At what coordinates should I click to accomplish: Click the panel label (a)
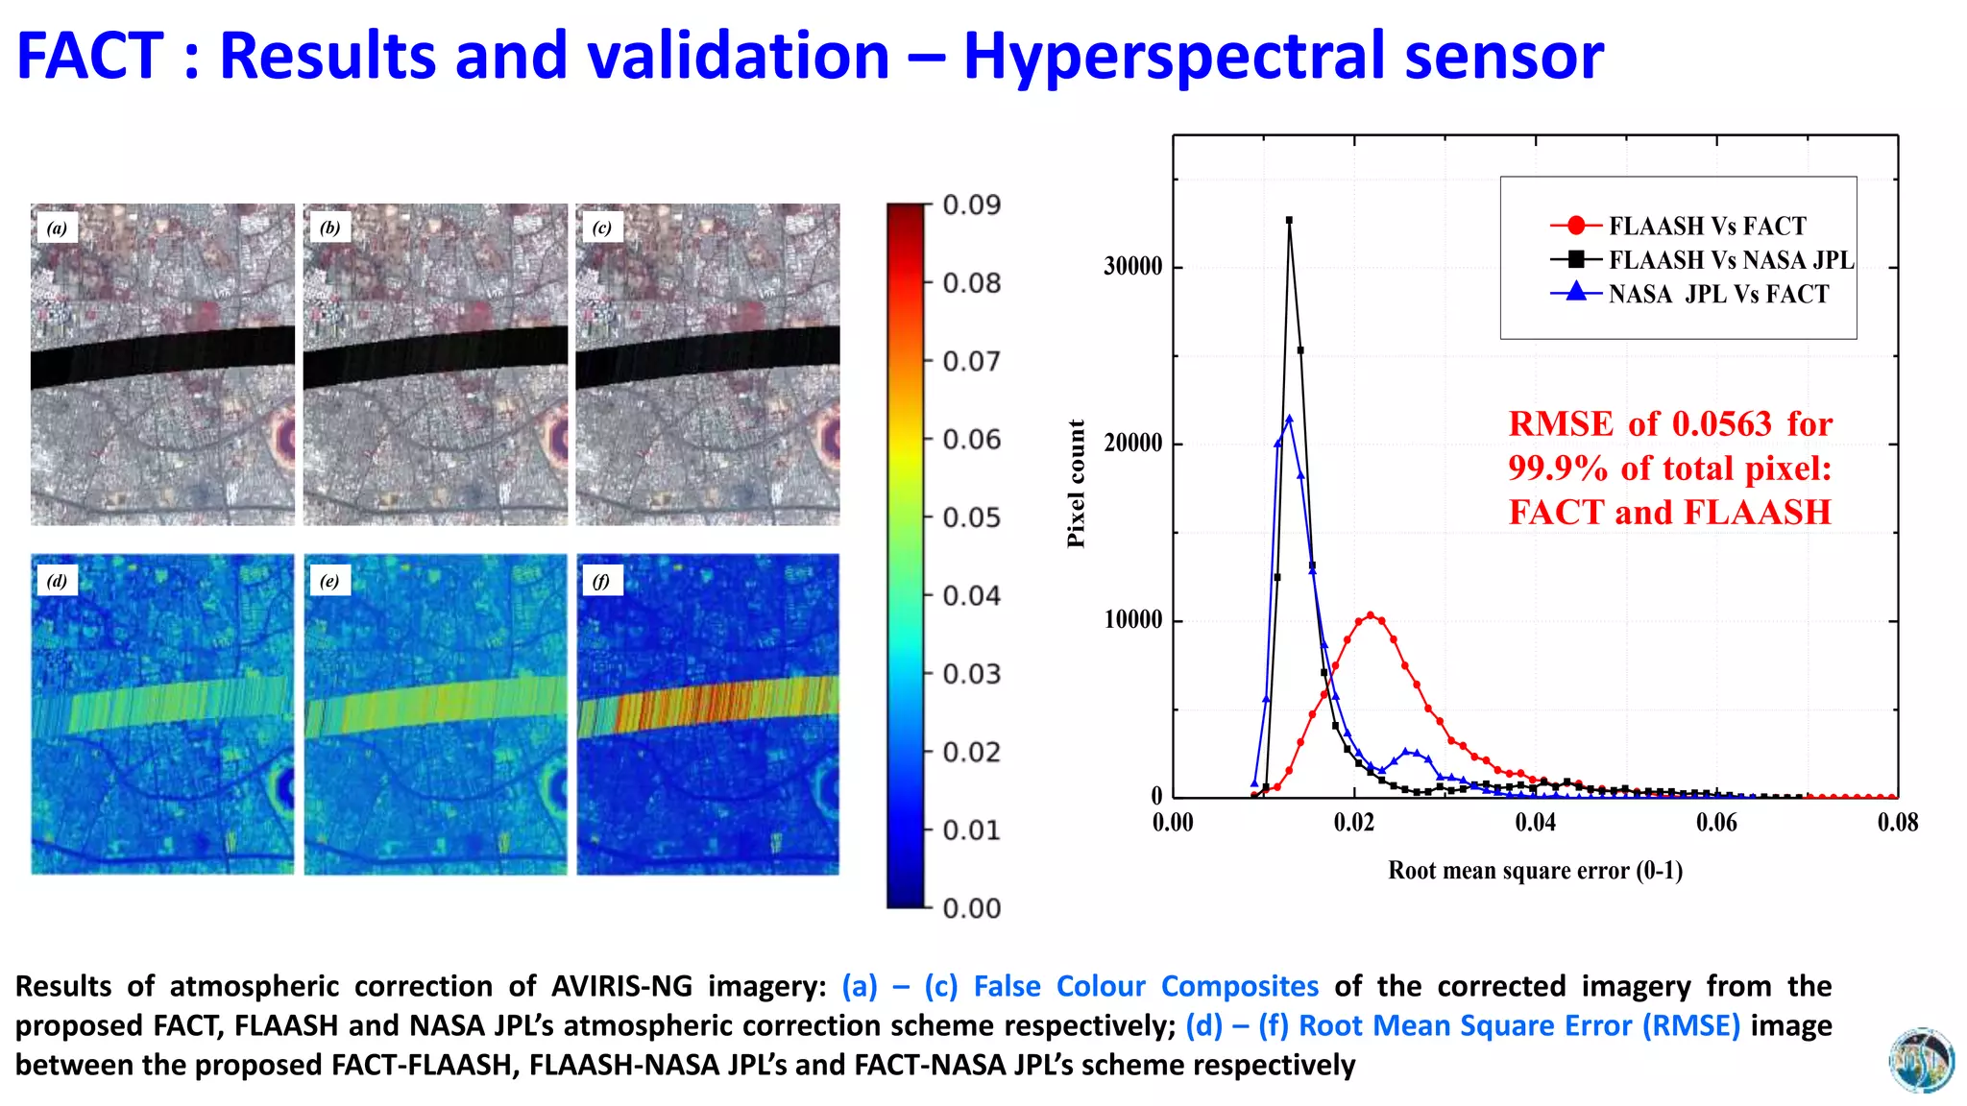coord(58,228)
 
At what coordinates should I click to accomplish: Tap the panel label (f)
coord(601,581)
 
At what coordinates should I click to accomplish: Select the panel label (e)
coord(329,581)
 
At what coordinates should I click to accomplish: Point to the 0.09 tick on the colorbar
coord(971,204)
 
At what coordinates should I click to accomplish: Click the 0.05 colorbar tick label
coord(971,517)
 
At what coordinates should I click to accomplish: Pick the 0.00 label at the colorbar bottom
coord(971,908)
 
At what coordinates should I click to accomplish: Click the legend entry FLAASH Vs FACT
coord(1707,226)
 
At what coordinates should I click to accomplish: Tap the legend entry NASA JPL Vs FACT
coord(1718,294)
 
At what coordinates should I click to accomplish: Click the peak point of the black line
coord(1289,220)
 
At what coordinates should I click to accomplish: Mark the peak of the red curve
coord(1371,615)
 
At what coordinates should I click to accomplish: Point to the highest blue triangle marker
coord(1289,419)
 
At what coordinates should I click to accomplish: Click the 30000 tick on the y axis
coord(1132,266)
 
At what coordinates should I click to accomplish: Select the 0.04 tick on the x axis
coord(1535,822)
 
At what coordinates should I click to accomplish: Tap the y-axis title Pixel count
coord(1076,483)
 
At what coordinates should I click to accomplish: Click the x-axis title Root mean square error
coord(1535,870)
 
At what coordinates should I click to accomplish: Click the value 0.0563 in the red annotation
coord(1721,423)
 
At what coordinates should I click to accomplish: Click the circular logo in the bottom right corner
coord(1921,1060)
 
